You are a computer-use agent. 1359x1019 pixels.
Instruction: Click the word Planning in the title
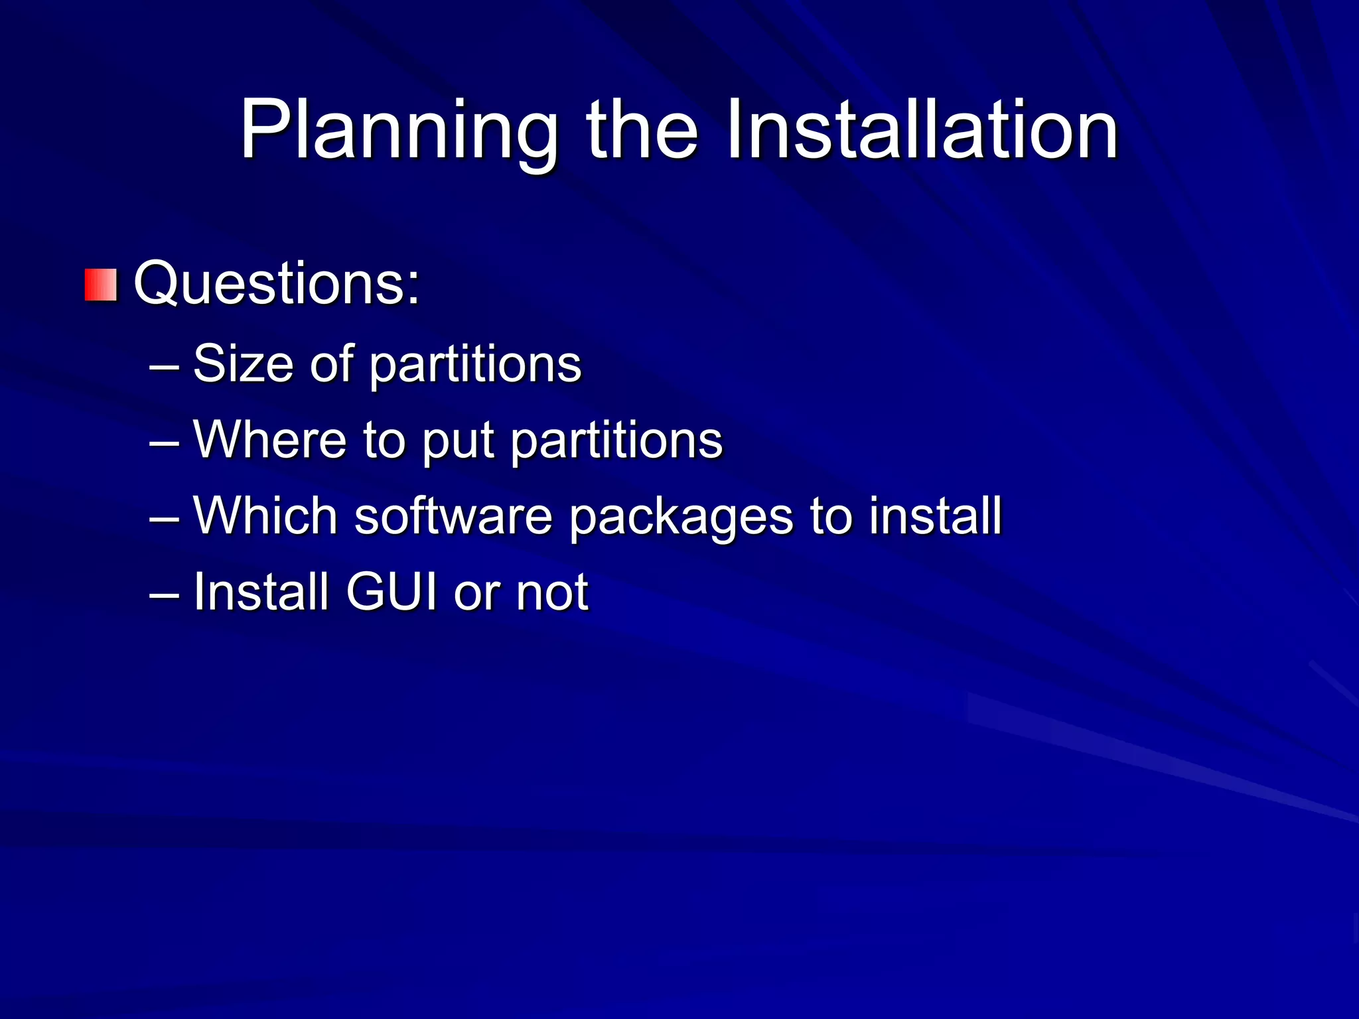398,130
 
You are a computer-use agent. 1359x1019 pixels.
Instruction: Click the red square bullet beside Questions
101,285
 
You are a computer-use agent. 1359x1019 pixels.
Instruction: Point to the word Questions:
277,284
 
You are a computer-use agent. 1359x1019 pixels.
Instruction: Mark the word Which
265,515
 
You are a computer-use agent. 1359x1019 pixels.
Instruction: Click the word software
453,515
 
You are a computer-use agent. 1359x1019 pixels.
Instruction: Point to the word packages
681,518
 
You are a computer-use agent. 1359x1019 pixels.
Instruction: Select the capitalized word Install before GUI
261,591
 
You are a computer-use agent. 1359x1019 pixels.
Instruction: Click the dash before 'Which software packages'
164,517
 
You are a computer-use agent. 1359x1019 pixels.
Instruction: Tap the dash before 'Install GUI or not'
164,593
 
